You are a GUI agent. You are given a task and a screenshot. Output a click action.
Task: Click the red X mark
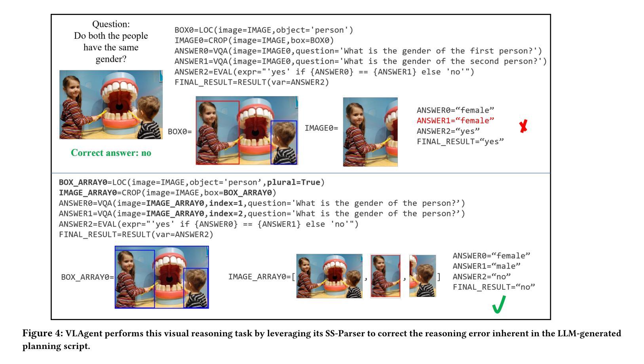coord(523,127)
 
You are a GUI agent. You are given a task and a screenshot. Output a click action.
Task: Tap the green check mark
coord(499,305)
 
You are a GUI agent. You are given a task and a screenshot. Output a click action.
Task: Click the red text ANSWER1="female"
coord(455,121)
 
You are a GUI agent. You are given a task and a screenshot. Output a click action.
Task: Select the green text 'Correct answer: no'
coord(111,153)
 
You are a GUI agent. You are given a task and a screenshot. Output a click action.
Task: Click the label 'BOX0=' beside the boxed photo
coord(180,132)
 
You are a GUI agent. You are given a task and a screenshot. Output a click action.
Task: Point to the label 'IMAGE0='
coord(321,128)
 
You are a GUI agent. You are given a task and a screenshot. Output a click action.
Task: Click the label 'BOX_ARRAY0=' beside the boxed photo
coord(87,277)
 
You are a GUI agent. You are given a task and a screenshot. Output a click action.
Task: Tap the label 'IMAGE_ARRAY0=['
coord(262,277)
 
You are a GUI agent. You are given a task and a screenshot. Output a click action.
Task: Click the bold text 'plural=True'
coord(293,182)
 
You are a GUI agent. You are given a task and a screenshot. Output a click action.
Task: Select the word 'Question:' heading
coord(111,24)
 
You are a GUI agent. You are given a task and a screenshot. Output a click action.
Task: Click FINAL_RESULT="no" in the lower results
coord(494,287)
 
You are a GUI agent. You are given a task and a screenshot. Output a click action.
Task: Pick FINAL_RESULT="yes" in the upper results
coord(460,142)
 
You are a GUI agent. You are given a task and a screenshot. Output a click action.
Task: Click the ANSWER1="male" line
coord(486,266)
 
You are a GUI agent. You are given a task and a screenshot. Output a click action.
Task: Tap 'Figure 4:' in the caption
coord(42,334)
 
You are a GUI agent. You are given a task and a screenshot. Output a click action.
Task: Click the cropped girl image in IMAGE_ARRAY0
coord(385,276)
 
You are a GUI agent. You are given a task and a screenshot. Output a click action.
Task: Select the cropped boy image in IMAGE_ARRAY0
coord(422,276)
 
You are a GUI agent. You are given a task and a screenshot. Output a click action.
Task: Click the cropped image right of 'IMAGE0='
coord(370,132)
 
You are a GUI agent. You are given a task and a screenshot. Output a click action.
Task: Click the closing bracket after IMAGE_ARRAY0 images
coord(439,277)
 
